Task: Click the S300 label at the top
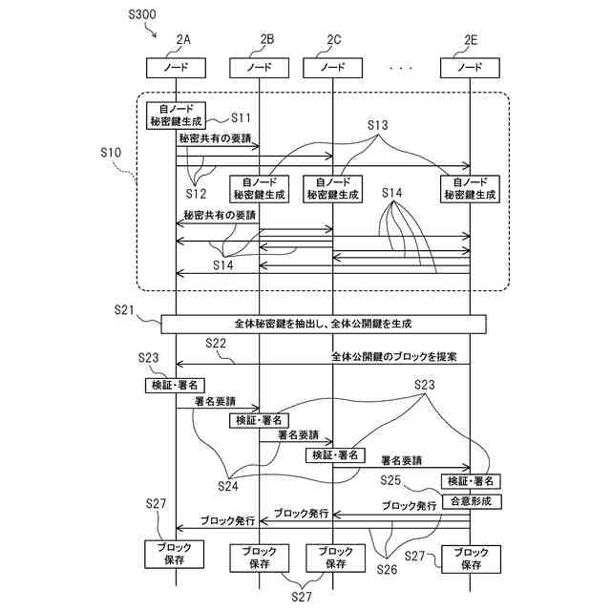[x=142, y=15]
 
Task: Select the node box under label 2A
[x=176, y=68]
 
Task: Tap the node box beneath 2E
[x=471, y=68]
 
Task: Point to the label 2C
[x=333, y=40]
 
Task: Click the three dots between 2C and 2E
[x=401, y=69]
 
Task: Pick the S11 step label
[x=241, y=118]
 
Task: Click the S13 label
[x=378, y=126]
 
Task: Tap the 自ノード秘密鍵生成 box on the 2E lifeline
[x=471, y=187]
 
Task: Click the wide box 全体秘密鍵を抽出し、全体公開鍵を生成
[x=324, y=324]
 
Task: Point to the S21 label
[x=125, y=311]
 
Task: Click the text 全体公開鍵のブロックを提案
[x=394, y=357]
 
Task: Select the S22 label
[x=216, y=343]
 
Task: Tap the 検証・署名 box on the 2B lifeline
[x=259, y=420]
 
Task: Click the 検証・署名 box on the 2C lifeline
[x=332, y=455]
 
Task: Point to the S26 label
[x=386, y=569]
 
